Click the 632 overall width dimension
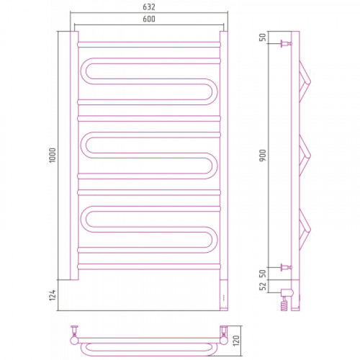coord(149,7)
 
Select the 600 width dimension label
coord(149,19)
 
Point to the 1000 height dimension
coord(53,156)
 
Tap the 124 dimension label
coord(53,295)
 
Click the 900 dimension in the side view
coord(263,156)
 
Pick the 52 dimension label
coord(263,286)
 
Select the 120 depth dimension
coord(236,341)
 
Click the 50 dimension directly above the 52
coord(263,274)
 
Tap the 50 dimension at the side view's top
coord(263,37)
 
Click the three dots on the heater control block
coord(224,298)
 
